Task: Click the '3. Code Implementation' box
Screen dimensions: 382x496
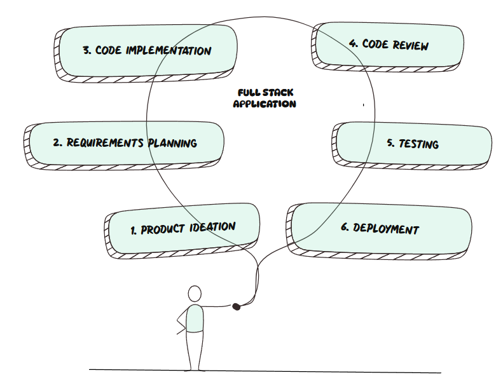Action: (146, 51)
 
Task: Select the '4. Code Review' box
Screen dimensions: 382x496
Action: (389, 45)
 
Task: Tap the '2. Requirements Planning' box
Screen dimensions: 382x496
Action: (125, 143)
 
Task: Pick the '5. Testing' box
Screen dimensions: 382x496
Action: (413, 144)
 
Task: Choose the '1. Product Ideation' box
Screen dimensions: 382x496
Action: (183, 228)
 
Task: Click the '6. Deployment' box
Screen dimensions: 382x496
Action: (380, 228)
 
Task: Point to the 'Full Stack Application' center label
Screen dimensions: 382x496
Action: (265, 99)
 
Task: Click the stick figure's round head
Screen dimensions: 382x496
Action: (195, 294)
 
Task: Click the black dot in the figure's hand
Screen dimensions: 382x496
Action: (237, 306)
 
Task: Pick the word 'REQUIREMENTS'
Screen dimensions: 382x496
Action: (105, 143)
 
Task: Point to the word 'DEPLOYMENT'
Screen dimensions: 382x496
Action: (386, 229)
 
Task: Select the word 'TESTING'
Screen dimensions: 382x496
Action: (418, 144)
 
